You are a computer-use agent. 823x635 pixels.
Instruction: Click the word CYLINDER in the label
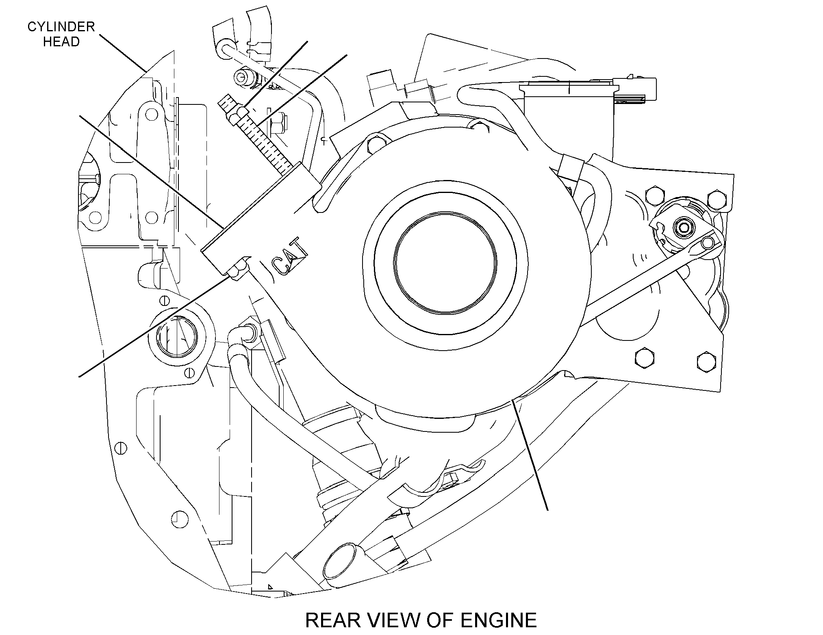tap(61, 27)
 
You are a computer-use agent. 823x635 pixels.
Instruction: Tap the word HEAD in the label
tap(61, 42)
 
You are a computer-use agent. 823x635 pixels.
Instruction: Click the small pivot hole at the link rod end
tap(708, 243)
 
